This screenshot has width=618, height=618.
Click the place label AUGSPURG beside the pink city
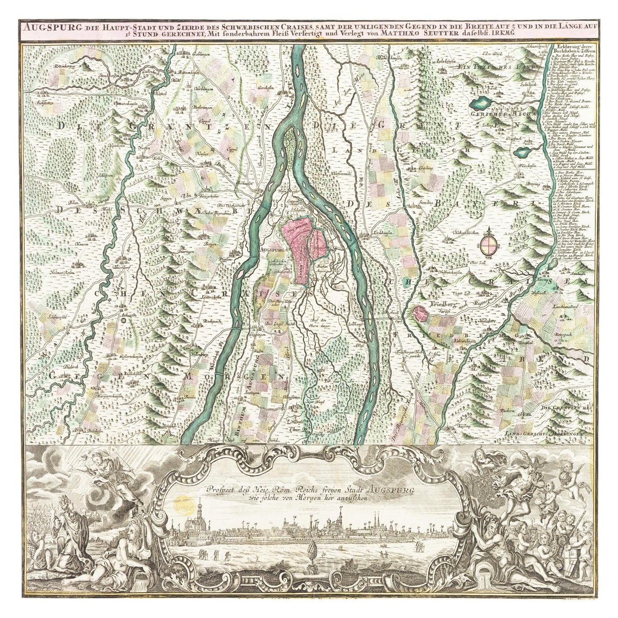pos(269,249)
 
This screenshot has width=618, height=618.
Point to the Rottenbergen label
pos(65,67)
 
